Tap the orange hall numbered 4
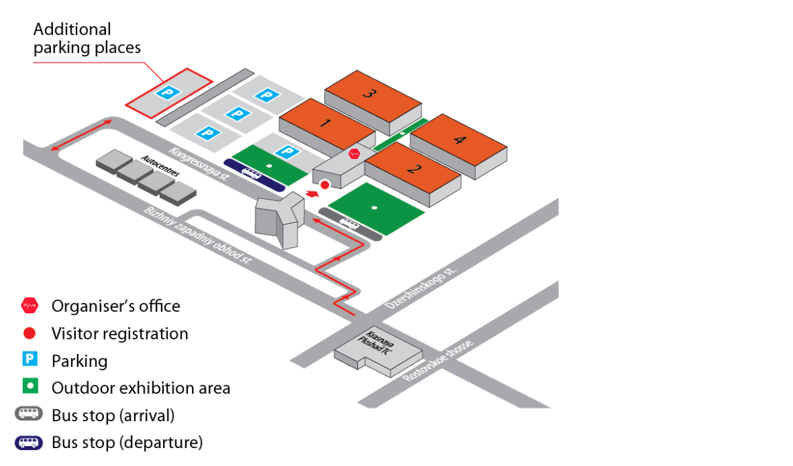click(458, 141)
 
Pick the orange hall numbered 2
click(413, 170)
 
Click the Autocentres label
click(160, 167)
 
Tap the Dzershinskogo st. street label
click(421, 287)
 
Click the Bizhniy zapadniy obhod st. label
click(198, 236)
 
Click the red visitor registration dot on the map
click(325, 184)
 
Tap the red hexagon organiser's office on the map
click(355, 153)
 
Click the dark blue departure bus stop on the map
click(253, 175)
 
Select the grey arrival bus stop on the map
click(350, 224)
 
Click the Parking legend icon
click(30, 360)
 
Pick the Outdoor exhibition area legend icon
click(30, 387)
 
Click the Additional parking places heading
click(87, 39)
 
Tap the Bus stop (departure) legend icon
click(30, 442)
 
